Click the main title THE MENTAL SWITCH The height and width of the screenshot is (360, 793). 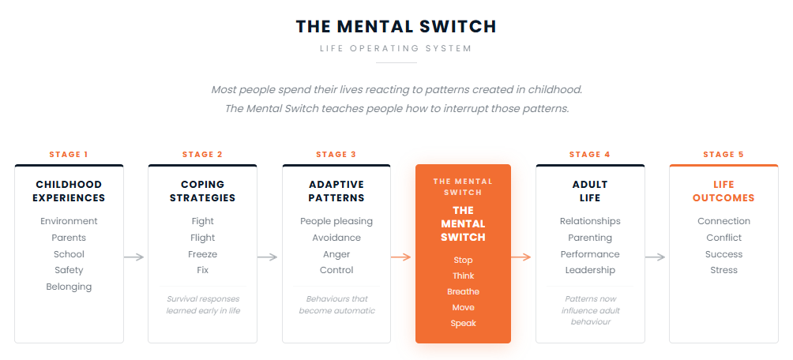point(396,26)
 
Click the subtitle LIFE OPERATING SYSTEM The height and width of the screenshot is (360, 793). point(396,48)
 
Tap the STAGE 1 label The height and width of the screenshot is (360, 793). point(69,155)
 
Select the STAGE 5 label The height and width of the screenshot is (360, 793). point(723,155)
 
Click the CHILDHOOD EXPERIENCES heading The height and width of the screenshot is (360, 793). point(69,191)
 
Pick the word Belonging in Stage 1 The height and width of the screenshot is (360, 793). point(69,287)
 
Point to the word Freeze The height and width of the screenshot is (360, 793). point(202,254)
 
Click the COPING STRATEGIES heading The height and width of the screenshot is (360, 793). point(202,191)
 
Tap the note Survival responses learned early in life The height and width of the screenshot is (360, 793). point(202,305)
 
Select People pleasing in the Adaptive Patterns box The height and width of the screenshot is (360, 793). point(336,221)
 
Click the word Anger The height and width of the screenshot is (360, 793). point(336,254)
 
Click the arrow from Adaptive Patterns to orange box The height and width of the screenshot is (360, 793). point(401,257)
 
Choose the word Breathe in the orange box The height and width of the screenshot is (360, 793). point(463,291)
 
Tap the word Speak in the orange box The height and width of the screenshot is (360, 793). point(463,323)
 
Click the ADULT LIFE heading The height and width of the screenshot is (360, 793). point(590,191)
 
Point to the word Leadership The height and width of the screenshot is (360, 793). point(590,270)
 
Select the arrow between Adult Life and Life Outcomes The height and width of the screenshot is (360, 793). point(655,257)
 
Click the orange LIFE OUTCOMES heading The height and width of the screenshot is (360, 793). point(723,191)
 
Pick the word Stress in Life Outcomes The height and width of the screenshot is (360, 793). point(723,270)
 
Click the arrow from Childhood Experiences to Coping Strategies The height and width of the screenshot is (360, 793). point(134,257)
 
